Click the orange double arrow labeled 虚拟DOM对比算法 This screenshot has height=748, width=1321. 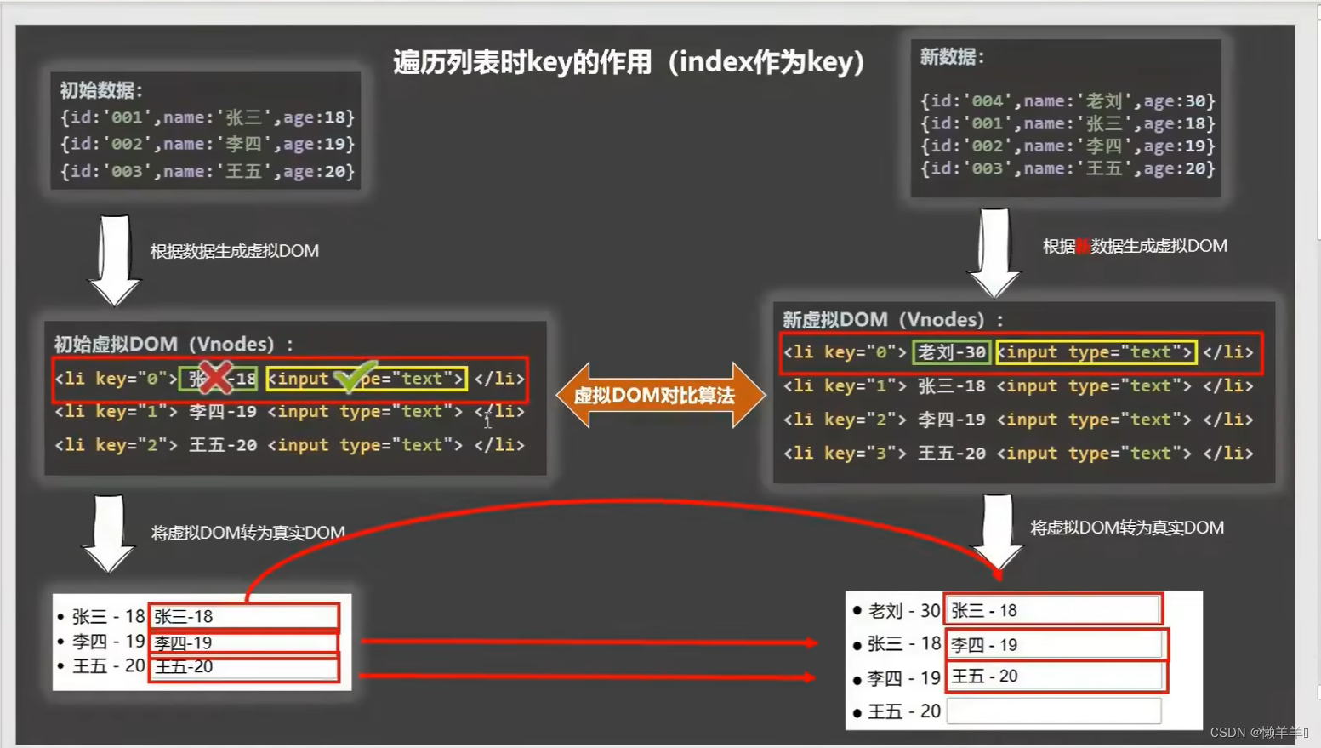coord(659,395)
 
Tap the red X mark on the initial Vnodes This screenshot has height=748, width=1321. coord(216,377)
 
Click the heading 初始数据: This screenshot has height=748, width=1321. coord(101,90)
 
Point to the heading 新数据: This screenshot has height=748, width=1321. coord(952,57)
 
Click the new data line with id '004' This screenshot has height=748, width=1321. coord(1067,101)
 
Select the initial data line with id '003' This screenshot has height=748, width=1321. coord(207,171)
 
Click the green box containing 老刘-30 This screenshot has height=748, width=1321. coord(951,352)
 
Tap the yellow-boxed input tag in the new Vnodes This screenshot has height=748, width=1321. coord(1096,352)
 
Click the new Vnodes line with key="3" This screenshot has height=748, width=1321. coord(1017,454)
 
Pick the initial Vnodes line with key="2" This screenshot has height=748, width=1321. coord(289,445)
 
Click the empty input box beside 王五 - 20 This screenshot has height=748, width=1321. coord(1053,711)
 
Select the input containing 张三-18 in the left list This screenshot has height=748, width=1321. coord(244,616)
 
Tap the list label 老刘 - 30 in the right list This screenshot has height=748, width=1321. coord(902,611)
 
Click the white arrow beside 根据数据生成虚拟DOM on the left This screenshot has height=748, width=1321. coord(114,260)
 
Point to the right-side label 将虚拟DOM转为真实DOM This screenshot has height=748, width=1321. coord(1126,528)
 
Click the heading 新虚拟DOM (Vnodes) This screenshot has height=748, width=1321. coord(892,320)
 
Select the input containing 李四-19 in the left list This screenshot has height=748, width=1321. coord(244,642)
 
